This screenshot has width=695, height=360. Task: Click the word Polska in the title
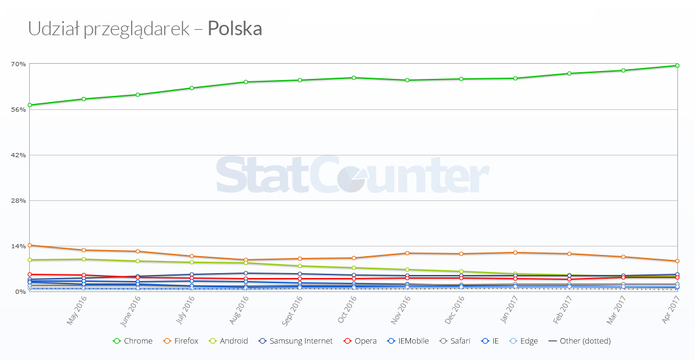pos(235,29)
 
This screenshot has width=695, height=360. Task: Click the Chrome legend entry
pos(133,341)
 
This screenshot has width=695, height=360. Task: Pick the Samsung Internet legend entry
pos(296,341)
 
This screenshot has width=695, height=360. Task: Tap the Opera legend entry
pos(361,341)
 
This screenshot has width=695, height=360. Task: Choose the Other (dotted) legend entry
pos(579,341)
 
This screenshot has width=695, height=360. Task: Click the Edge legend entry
pos(524,341)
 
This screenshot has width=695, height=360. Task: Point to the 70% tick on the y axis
pos(18,64)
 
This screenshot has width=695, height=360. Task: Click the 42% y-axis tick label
pos(18,155)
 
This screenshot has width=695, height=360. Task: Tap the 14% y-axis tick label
pos(18,246)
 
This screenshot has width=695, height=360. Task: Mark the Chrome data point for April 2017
pos(677,66)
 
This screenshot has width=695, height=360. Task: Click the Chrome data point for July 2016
pos(192,88)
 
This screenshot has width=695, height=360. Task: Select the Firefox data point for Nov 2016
pos(407,253)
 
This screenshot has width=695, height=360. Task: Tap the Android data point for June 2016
pos(138,261)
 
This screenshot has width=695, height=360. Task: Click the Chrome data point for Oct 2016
pos(353,78)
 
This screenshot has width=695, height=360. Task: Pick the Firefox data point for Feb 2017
pos(569,254)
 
